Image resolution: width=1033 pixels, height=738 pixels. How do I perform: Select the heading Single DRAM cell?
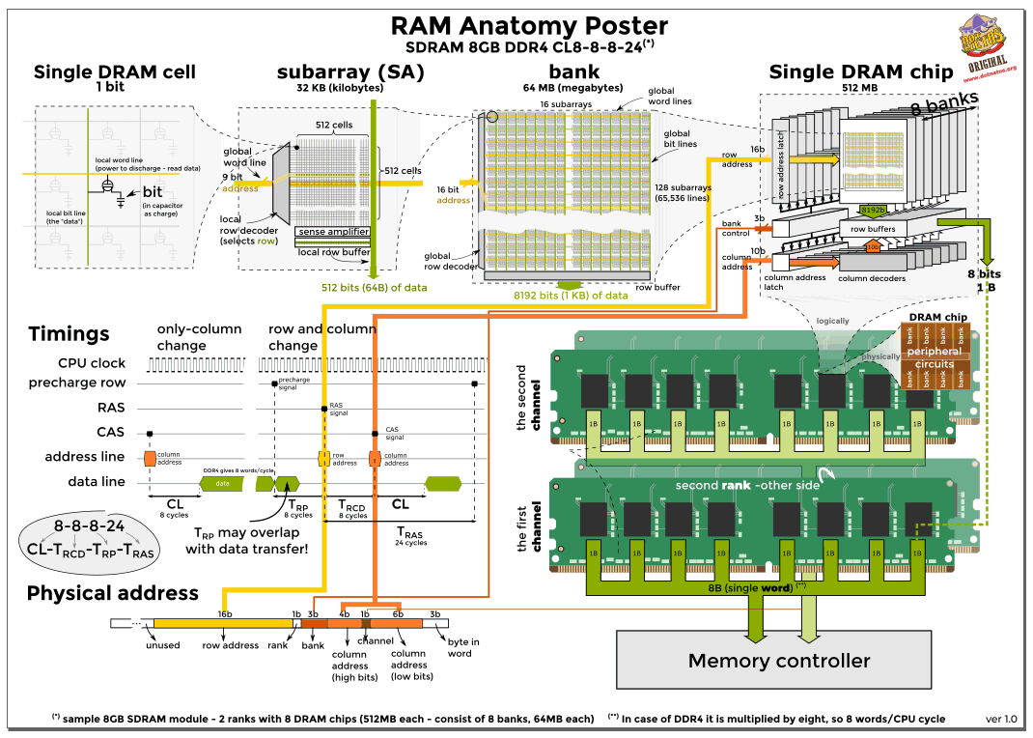click(115, 71)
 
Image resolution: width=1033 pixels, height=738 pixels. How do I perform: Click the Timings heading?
click(69, 334)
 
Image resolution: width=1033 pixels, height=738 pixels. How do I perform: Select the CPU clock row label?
click(93, 363)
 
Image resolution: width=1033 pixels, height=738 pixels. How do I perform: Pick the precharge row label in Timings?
click(92, 383)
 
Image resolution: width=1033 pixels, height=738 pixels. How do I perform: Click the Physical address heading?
click(113, 593)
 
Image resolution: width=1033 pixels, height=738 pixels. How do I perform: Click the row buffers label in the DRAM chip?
click(872, 229)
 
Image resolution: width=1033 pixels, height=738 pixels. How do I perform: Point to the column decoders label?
click(872, 278)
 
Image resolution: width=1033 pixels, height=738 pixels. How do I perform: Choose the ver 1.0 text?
click(1001, 720)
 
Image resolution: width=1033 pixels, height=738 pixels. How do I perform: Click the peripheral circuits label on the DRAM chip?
click(935, 357)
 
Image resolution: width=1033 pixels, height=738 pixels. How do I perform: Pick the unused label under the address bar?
click(163, 645)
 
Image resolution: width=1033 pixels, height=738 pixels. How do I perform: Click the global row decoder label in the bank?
click(450, 262)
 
